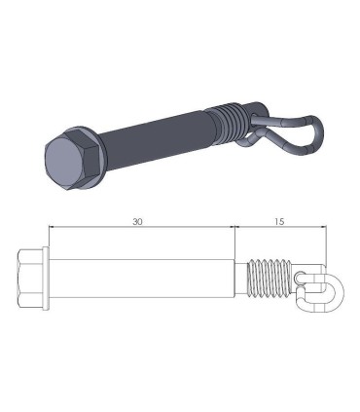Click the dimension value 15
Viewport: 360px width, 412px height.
pos(279,222)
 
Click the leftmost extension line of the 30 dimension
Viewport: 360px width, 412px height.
pos(46,239)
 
